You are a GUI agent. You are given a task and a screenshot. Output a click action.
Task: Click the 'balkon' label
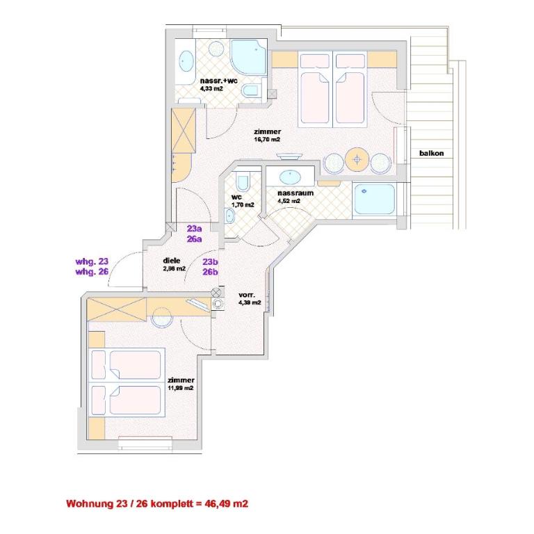432,153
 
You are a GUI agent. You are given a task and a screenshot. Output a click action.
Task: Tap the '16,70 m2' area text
267,139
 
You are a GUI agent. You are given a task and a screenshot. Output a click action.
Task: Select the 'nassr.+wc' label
218,81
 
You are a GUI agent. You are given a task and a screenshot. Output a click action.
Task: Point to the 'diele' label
172,261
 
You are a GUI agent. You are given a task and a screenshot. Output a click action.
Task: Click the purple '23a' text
194,229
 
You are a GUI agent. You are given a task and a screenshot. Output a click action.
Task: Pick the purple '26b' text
210,272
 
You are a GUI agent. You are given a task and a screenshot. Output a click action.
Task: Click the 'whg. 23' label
92,261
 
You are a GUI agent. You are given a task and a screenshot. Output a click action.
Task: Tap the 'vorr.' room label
247,295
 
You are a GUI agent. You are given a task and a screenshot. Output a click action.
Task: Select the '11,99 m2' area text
181,388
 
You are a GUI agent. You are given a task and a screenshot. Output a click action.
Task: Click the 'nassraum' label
296,193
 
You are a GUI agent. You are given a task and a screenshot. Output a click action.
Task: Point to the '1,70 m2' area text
243,204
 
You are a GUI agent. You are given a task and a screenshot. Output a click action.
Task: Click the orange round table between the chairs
357,159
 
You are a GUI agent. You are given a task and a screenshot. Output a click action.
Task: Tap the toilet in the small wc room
243,182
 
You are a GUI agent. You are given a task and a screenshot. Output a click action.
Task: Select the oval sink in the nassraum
290,177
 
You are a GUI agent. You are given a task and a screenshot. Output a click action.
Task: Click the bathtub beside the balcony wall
375,199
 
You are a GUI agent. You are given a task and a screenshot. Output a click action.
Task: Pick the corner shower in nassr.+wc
248,57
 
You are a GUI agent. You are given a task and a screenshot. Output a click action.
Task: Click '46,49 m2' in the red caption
226,503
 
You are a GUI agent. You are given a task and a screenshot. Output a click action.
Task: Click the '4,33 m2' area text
211,89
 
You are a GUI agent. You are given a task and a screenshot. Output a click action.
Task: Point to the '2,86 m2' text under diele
174,268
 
